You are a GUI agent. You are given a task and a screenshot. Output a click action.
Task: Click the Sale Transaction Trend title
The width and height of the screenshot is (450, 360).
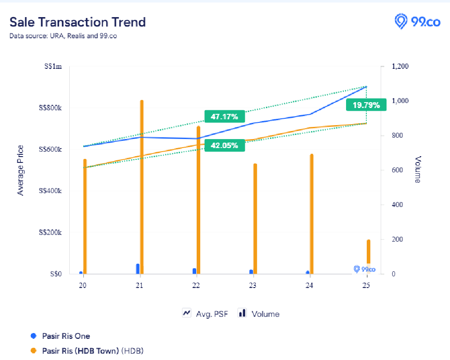pos(78,22)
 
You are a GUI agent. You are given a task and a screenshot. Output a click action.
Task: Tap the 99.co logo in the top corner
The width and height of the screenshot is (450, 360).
pos(417,21)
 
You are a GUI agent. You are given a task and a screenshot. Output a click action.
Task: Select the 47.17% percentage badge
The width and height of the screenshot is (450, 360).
pos(224,117)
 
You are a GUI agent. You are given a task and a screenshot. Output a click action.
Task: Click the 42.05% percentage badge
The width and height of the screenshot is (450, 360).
pos(224,145)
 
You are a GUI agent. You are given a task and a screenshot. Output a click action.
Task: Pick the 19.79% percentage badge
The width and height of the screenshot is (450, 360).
pos(366,105)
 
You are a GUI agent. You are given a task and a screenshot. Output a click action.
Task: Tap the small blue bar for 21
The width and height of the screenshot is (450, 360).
pos(138,269)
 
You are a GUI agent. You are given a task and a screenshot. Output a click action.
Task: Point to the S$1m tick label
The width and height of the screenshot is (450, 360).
pos(53,67)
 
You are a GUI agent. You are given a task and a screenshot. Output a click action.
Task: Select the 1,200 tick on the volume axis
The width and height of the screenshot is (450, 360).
pos(400,67)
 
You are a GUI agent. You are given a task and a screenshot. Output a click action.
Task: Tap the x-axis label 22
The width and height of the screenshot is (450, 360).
pos(196,285)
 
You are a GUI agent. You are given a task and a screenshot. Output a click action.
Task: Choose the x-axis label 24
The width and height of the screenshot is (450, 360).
pos(309,285)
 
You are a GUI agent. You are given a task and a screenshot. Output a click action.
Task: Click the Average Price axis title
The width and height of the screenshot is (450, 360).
pos(20,170)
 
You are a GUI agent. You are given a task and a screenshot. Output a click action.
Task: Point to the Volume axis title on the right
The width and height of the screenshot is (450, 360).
pos(418,170)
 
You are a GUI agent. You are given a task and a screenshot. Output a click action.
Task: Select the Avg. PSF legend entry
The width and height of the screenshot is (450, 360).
pos(205,314)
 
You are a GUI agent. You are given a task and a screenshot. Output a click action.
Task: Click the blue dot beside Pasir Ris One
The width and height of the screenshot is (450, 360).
pos(33,336)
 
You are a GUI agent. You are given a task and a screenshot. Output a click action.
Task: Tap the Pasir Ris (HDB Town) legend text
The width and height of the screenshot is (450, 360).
pos(80,350)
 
